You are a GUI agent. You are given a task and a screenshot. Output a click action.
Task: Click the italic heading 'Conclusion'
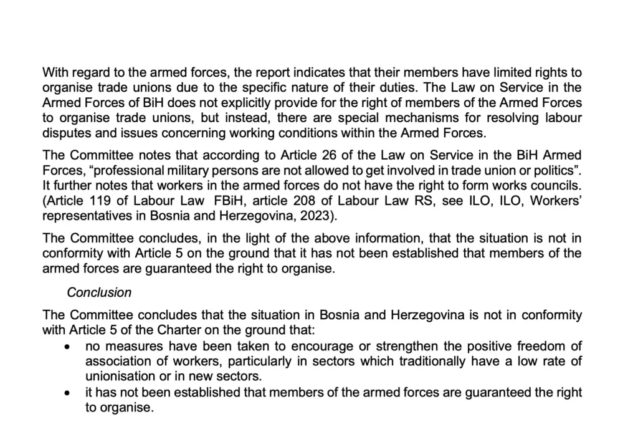(x=99, y=292)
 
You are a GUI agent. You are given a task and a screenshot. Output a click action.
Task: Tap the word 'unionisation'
(x=117, y=376)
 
